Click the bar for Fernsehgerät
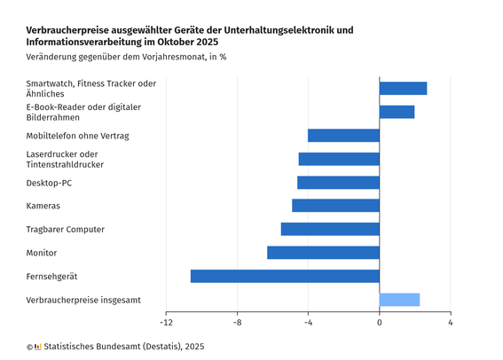pos(285,277)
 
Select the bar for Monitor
pos(323,253)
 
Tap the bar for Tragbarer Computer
pos(330,230)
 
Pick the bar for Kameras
pos(335,206)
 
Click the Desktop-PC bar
pos(338,183)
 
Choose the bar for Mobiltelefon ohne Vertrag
pos(343,136)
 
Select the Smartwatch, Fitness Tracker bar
pos(403,89)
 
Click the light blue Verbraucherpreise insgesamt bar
pos(399,300)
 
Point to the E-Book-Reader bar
pos(397,112)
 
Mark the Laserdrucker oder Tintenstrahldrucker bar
pos(339,159)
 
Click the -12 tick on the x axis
pos(166,322)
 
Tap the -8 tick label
pos(237,322)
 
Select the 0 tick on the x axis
pos(380,322)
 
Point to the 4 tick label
pos(451,322)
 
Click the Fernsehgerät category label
pos(51,277)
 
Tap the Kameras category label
pos(43,206)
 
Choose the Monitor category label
pos(42,253)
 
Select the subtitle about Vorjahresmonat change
pos(125,59)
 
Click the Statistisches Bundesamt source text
pos(124,347)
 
